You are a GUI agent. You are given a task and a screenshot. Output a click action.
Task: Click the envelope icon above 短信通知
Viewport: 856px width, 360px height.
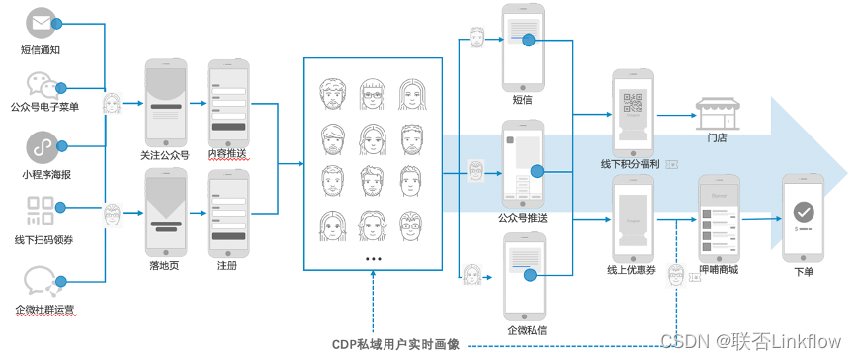pyautogui.click(x=42, y=22)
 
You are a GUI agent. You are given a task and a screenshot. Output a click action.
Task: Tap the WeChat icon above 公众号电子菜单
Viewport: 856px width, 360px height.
pyautogui.click(x=42, y=84)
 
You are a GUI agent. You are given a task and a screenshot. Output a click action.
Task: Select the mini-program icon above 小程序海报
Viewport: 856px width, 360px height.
pyautogui.click(x=42, y=146)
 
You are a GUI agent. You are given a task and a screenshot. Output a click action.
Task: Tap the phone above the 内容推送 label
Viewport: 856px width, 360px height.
pyautogui.click(x=227, y=103)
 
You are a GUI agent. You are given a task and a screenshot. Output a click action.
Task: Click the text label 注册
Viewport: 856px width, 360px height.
pyautogui.click(x=227, y=266)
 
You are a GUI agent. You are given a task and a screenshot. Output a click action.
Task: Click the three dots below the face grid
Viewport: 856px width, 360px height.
pyautogui.click(x=373, y=258)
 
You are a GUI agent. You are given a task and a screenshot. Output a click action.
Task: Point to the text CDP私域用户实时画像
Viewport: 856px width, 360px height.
pyautogui.click(x=395, y=344)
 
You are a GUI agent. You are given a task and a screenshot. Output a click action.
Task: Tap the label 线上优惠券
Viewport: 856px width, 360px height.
pyautogui.click(x=634, y=269)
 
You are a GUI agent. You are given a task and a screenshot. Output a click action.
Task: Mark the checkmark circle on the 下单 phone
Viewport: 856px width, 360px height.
pyautogui.click(x=804, y=210)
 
